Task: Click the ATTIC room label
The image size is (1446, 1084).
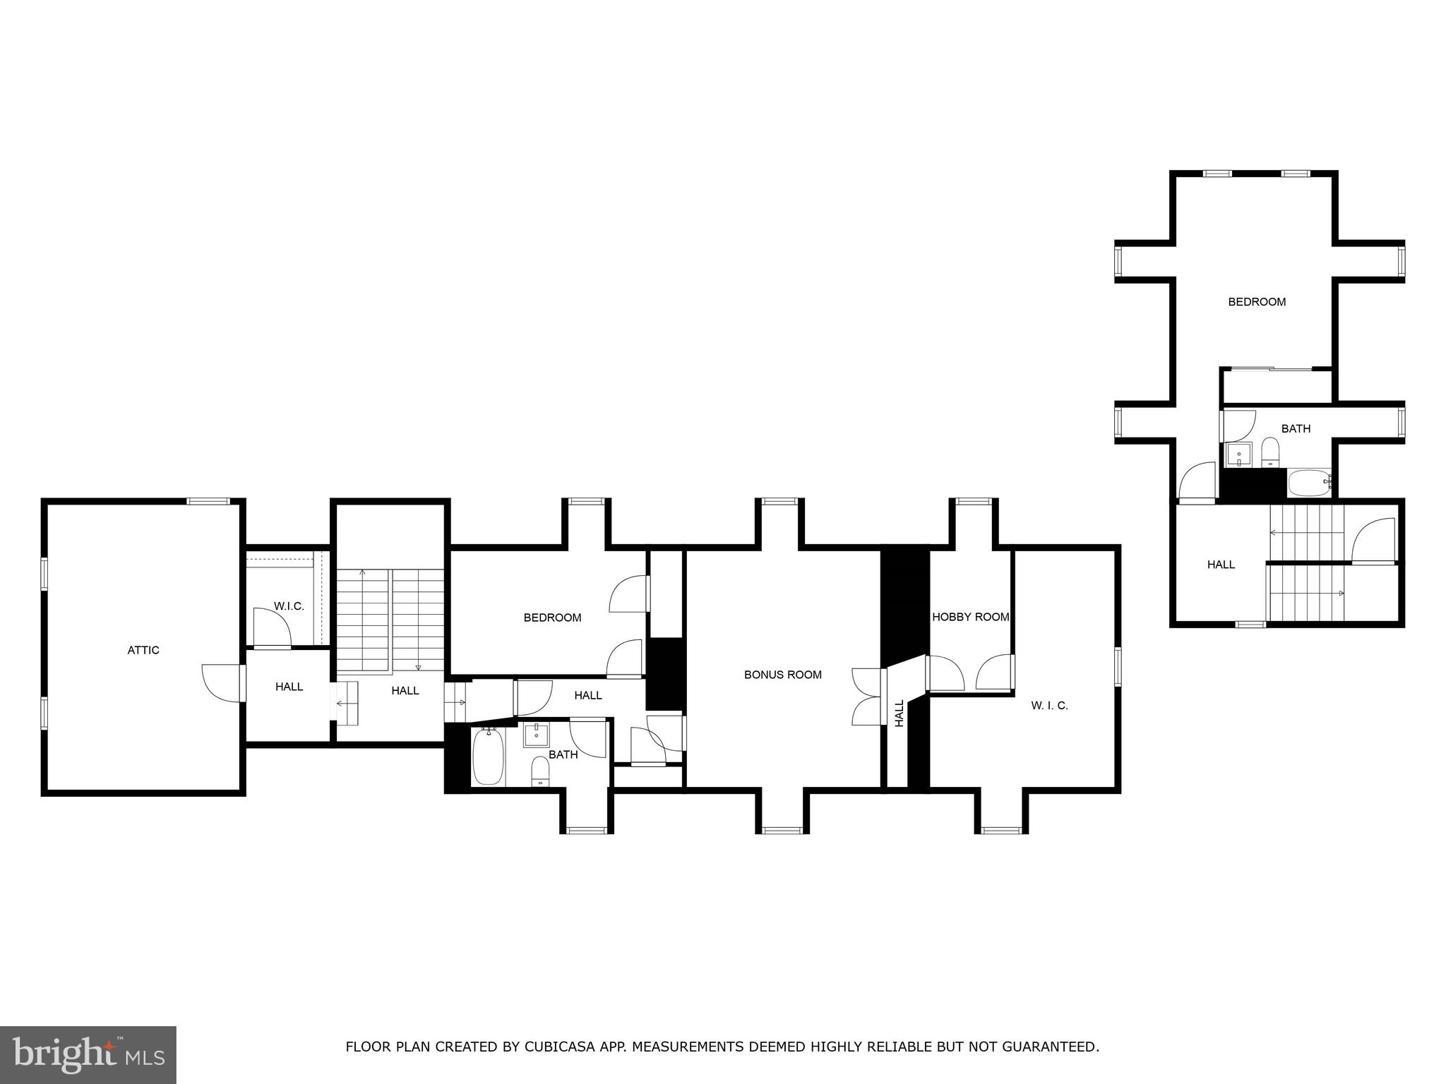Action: pos(143,650)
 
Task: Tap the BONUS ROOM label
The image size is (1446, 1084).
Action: pos(782,675)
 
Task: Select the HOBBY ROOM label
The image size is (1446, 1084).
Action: pos(970,617)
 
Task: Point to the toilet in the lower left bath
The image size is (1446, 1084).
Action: pos(540,771)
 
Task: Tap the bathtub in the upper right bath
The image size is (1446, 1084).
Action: pos(1309,483)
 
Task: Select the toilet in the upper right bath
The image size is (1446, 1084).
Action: pos(1270,452)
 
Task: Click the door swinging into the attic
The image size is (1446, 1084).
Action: pos(221,683)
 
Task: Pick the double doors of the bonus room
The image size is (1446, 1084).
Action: pos(867,697)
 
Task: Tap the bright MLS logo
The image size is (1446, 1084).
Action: pos(88,1054)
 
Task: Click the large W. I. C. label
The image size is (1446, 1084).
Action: pos(1049,705)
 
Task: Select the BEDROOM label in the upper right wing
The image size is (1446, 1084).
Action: pos(1257,302)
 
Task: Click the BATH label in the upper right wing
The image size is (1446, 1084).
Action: pos(1296,428)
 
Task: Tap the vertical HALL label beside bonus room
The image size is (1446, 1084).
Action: pos(900,713)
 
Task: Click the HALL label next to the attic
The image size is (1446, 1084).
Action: pos(289,686)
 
